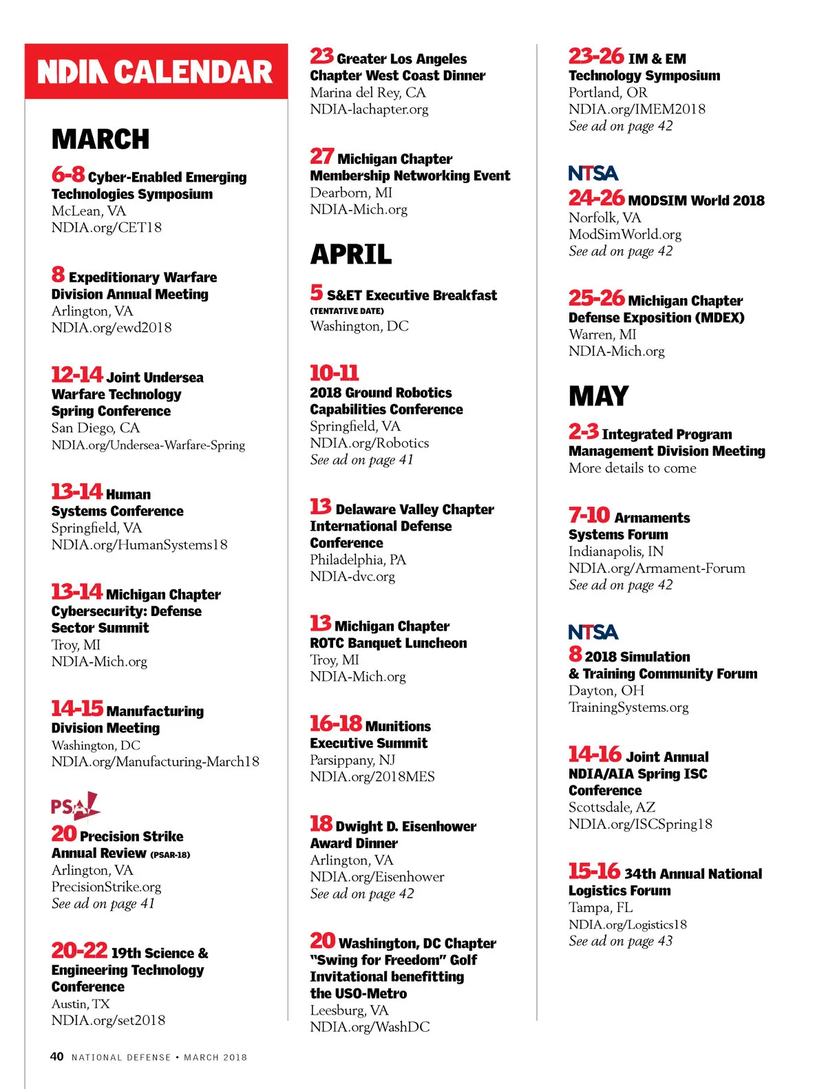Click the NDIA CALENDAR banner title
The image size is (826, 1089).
click(x=156, y=72)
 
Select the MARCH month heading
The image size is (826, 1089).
click(x=100, y=139)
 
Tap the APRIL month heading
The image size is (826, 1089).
click(x=351, y=254)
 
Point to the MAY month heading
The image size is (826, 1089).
click(x=598, y=396)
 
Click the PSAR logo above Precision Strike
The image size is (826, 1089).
click(x=75, y=806)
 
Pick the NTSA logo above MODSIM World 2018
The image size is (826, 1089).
click(x=593, y=173)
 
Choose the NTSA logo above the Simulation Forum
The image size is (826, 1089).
click(x=593, y=632)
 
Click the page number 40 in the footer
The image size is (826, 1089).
click(x=57, y=1057)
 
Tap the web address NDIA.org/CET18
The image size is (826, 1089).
click(x=107, y=227)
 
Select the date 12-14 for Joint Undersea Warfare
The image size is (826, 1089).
click(x=77, y=375)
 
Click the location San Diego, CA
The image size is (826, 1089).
click(x=96, y=427)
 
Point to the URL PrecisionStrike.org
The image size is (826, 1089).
click(x=107, y=887)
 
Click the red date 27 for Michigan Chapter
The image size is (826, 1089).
click(x=321, y=157)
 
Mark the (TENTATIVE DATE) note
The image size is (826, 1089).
click(x=347, y=311)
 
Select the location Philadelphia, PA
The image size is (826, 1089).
click(x=358, y=560)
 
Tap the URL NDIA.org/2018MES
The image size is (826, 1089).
click(x=372, y=776)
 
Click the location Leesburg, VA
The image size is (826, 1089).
click(x=349, y=1010)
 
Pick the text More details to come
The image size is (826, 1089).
click(x=633, y=468)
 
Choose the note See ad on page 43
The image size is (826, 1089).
click(x=621, y=941)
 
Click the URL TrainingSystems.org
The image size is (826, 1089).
click(x=628, y=707)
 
